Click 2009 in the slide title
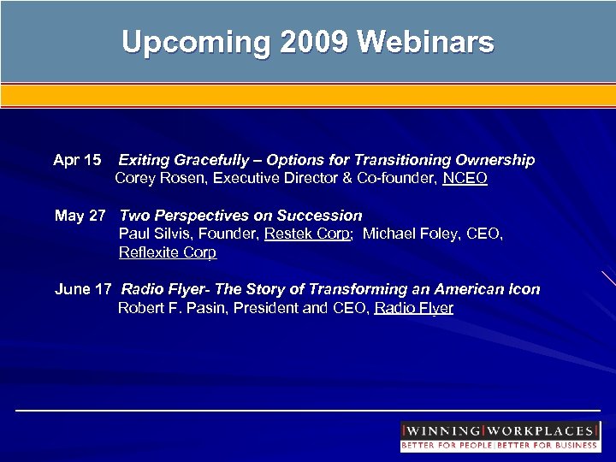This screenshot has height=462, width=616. pyautogui.click(x=312, y=42)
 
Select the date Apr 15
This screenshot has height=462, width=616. pyautogui.click(x=77, y=160)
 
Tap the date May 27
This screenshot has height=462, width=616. pyautogui.click(x=80, y=216)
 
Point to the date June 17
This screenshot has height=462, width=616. pyautogui.click(x=83, y=289)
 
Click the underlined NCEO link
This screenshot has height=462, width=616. pyautogui.click(x=465, y=179)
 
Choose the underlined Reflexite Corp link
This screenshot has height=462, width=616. pyautogui.click(x=168, y=252)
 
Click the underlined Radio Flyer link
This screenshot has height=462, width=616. pyautogui.click(x=414, y=308)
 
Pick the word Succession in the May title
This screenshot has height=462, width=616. pyautogui.click(x=320, y=216)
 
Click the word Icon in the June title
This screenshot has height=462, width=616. pyautogui.click(x=524, y=289)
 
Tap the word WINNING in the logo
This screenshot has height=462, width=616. pyautogui.click(x=442, y=430)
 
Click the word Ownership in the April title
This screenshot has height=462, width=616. pyautogui.click(x=495, y=160)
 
